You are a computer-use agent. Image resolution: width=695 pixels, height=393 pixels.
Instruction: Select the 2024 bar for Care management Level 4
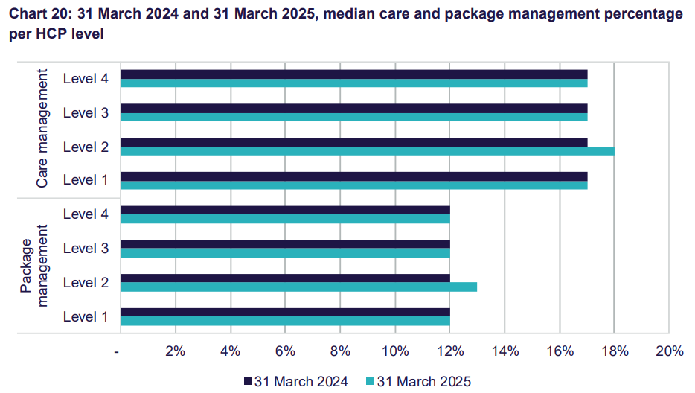(354, 74)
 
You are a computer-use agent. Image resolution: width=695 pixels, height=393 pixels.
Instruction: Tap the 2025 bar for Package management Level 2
(298, 287)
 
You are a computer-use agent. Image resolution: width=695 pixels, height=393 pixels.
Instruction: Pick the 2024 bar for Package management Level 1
(286, 313)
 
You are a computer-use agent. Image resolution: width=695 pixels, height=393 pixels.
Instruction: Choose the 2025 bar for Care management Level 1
(354, 185)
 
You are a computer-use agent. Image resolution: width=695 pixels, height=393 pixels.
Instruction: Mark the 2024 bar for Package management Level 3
(286, 244)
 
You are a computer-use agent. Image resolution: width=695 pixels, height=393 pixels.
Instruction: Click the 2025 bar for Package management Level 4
(286, 219)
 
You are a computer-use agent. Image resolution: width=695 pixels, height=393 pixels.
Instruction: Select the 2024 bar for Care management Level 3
(354, 108)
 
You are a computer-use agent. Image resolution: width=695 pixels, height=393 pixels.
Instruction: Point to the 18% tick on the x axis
(614, 351)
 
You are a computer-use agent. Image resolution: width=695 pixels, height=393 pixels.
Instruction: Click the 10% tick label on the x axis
(394, 351)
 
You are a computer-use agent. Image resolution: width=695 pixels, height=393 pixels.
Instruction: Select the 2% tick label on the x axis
(175, 351)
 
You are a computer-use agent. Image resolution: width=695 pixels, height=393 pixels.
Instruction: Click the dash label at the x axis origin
(118, 351)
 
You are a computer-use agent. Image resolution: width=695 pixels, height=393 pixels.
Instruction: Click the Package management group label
(35, 265)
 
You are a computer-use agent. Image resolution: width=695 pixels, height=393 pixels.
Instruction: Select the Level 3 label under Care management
(86, 113)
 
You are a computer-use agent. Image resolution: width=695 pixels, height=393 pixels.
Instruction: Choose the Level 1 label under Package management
(86, 317)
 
